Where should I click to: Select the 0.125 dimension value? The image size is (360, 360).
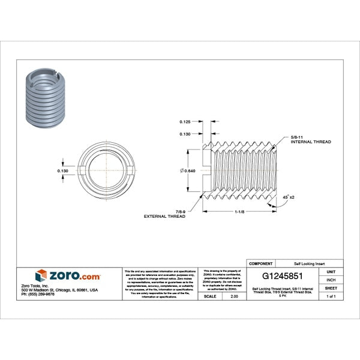tap(185, 122)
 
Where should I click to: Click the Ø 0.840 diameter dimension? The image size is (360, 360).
tap(187, 171)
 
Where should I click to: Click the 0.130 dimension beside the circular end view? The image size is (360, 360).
tap(62, 171)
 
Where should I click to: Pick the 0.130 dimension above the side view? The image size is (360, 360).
tap(185, 134)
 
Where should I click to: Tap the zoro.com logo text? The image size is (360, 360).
tap(74, 276)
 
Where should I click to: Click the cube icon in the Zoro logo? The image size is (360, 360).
tap(41, 275)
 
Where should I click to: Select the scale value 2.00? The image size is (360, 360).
tap(234, 296)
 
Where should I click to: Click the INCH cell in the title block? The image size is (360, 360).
tap(331, 280)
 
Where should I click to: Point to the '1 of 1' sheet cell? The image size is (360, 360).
tap(331, 296)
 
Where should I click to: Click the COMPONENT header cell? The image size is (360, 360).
tap(260, 263)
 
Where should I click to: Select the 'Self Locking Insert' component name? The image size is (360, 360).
tap(309, 263)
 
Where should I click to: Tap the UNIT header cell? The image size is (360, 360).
tap(331, 271)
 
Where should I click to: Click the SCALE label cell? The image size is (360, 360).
tap(210, 296)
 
